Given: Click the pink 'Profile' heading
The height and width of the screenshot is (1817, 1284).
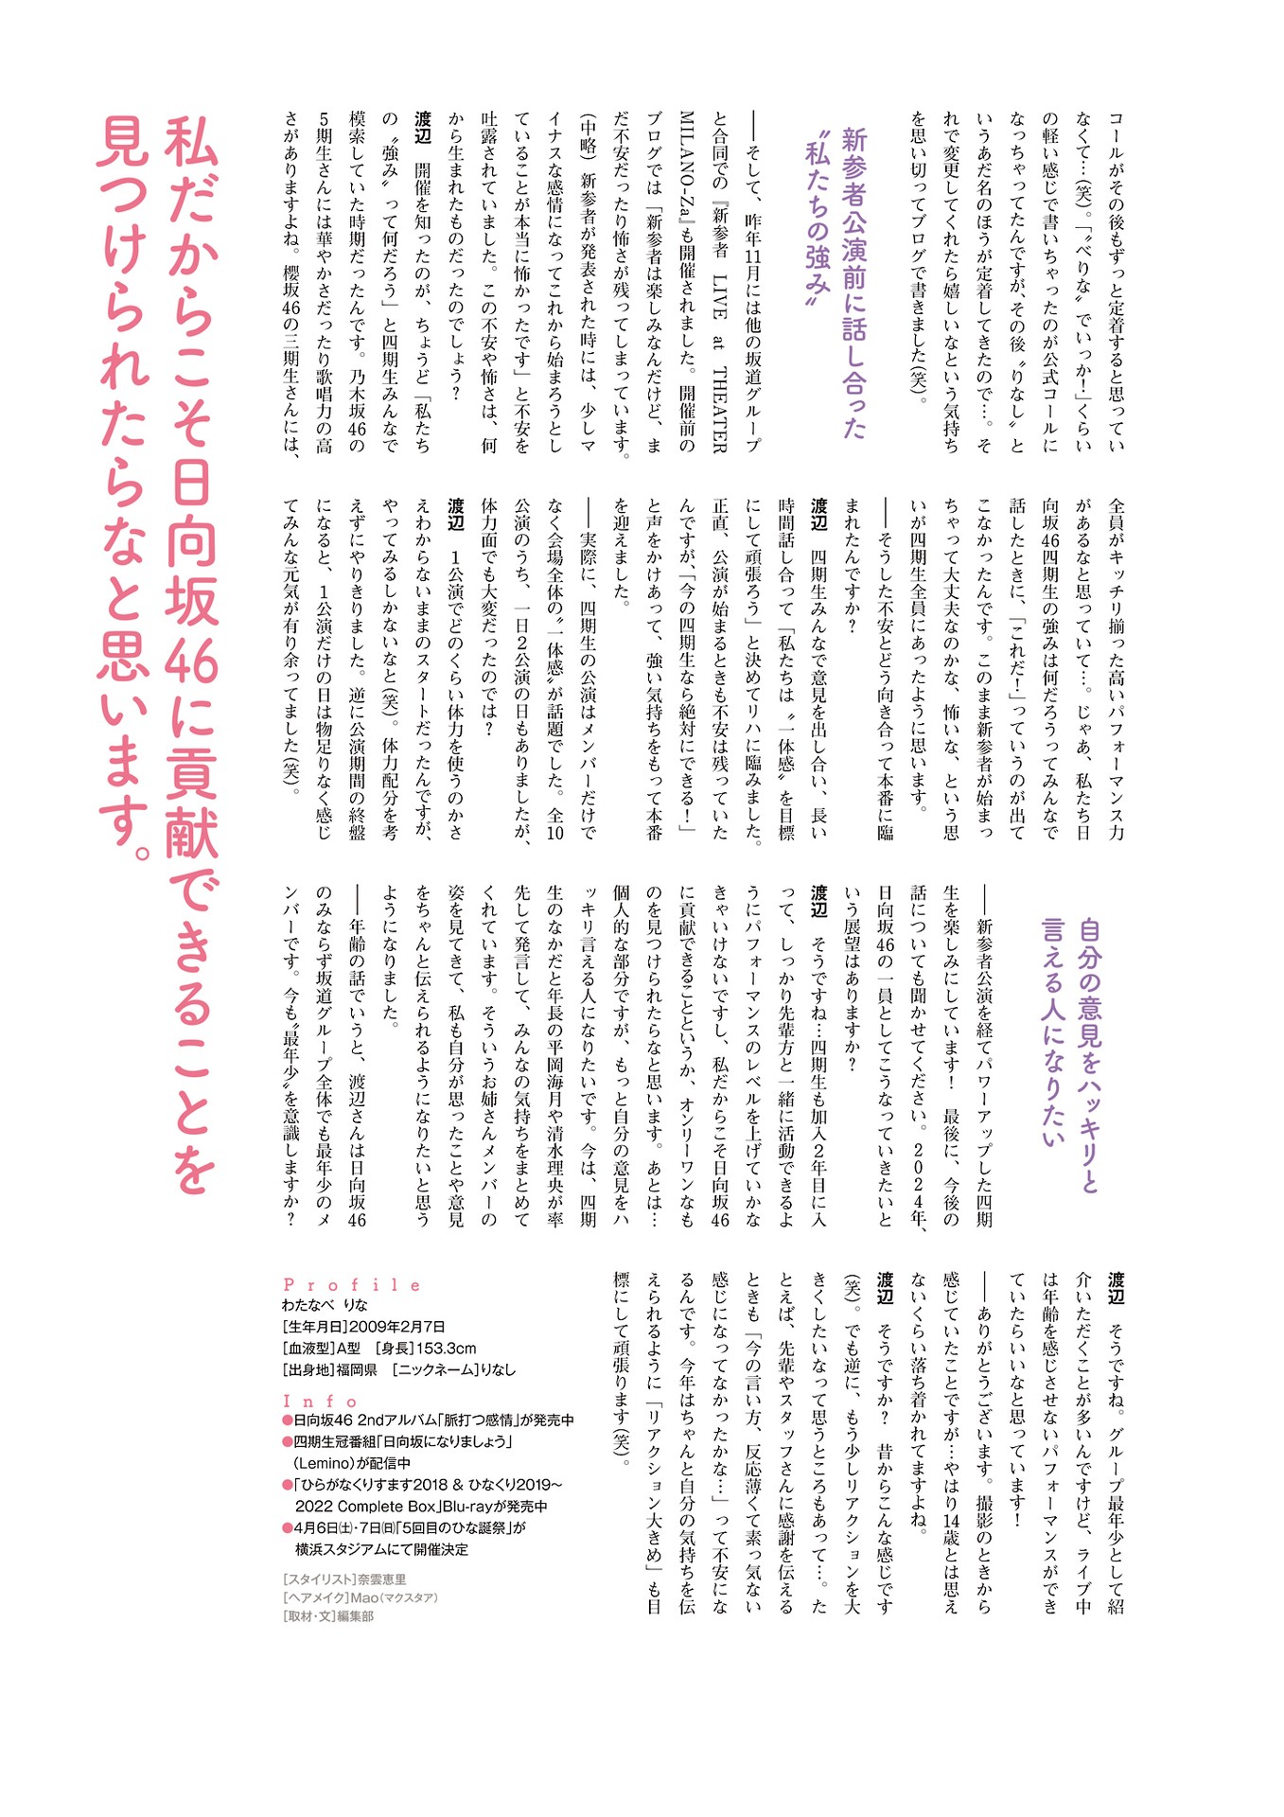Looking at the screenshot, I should [351, 1285].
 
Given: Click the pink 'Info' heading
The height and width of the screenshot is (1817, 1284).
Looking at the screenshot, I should [321, 1402].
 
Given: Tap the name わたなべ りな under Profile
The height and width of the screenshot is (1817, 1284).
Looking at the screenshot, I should [325, 1306].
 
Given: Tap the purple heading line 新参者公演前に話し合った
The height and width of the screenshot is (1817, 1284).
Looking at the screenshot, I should [854, 284].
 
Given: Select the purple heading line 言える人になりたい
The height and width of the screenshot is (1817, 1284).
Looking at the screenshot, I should [1053, 1032].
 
